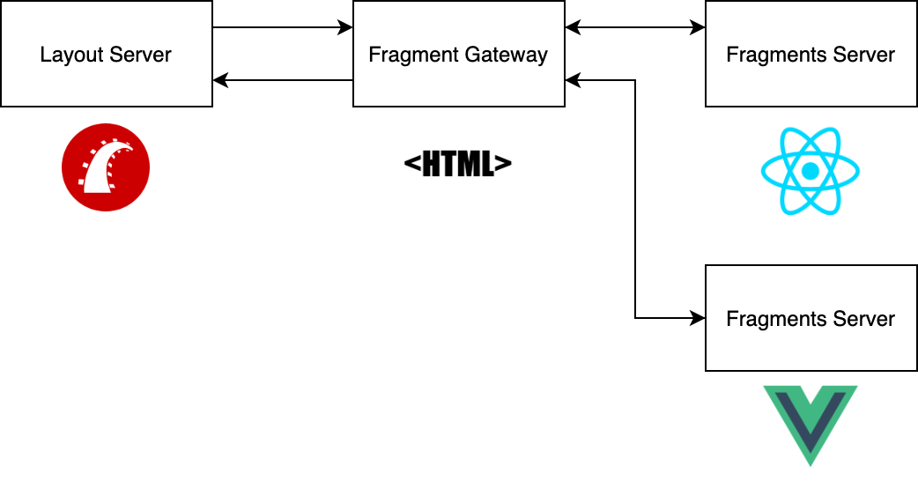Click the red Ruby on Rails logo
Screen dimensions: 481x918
[106, 167]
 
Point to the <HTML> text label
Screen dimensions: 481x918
[458, 165]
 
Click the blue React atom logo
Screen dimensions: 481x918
[811, 170]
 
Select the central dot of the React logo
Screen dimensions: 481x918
[811, 170]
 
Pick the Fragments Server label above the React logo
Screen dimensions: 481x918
[811, 55]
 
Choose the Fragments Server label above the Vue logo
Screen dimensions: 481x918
[811, 319]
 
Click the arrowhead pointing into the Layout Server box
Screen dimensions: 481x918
[220, 81]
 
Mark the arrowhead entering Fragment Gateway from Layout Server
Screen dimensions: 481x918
[346, 28]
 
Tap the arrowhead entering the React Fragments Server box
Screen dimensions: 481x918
[699, 28]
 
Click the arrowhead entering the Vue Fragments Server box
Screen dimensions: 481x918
[699, 317]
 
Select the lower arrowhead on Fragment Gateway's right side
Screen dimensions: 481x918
[573, 81]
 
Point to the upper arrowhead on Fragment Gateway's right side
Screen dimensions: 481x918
[573, 28]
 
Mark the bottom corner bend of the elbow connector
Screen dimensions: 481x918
[635, 317]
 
